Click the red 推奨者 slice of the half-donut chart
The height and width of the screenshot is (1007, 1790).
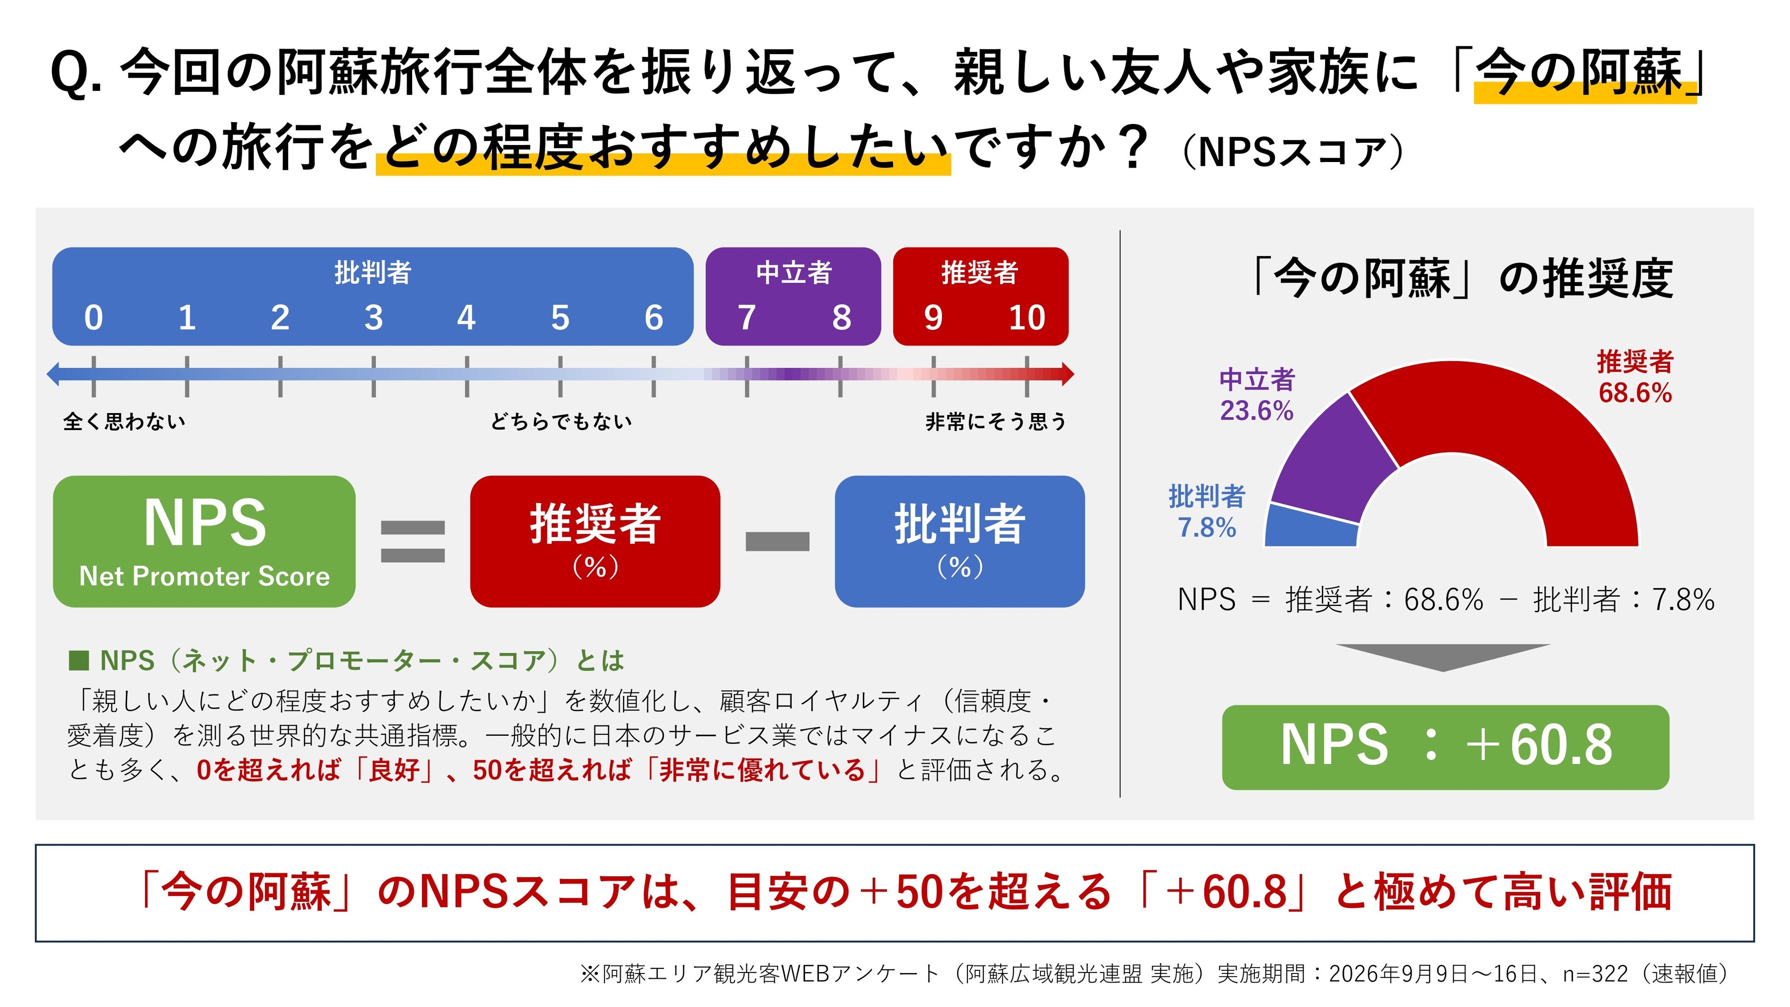(1529, 424)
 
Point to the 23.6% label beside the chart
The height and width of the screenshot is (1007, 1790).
(1256, 411)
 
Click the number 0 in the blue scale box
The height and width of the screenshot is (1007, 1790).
(94, 318)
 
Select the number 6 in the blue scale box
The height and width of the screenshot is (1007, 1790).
(654, 318)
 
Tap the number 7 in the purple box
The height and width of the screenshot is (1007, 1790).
(747, 318)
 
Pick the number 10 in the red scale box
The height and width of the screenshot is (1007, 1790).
(1026, 318)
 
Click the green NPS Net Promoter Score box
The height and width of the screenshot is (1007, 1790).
(204, 542)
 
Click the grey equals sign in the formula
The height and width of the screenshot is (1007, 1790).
(413, 542)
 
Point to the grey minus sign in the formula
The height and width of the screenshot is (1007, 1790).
(778, 542)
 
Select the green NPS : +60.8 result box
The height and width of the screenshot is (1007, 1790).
(1445, 747)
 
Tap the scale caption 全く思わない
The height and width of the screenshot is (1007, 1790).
(124, 421)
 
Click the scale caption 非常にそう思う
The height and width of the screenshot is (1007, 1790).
(996, 421)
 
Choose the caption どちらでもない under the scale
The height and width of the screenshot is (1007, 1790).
(561, 421)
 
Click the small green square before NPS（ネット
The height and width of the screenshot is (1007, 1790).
(78, 660)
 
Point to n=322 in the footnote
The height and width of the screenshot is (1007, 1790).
(1595, 973)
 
